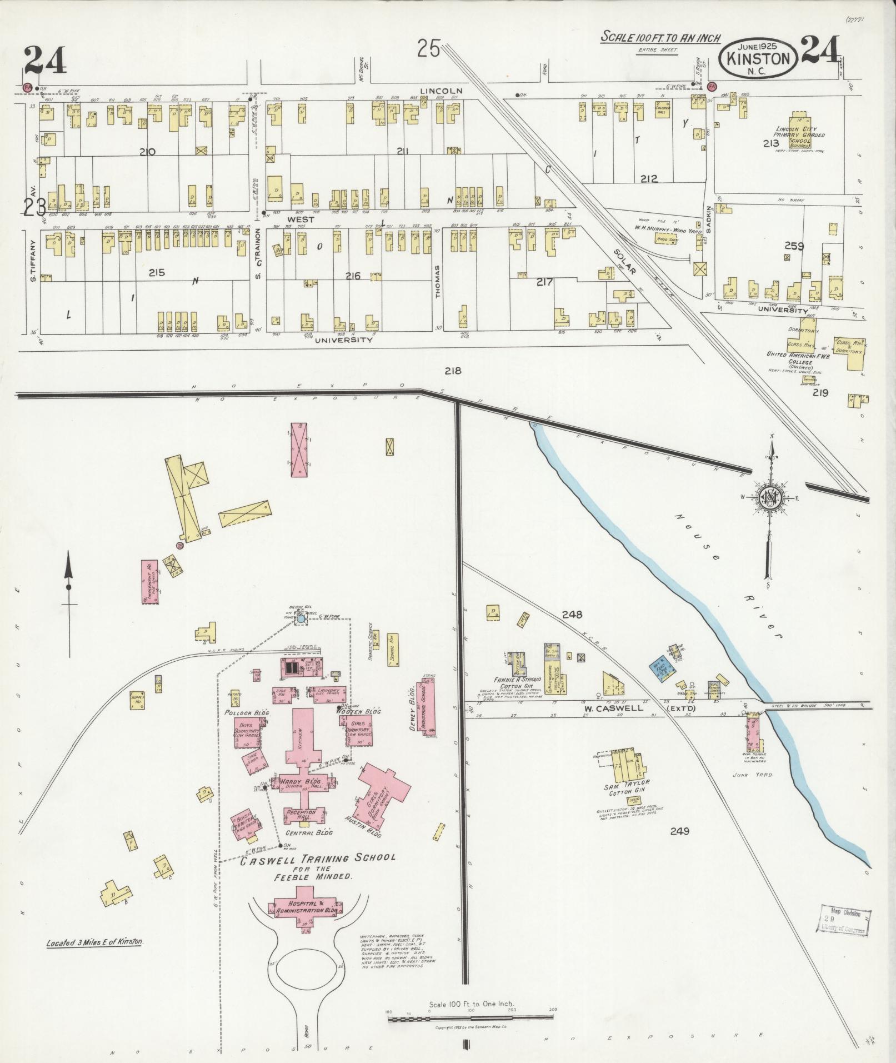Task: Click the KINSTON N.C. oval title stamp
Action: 759,59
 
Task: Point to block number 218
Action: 453,371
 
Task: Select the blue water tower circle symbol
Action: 301,618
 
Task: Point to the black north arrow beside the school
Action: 69,589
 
